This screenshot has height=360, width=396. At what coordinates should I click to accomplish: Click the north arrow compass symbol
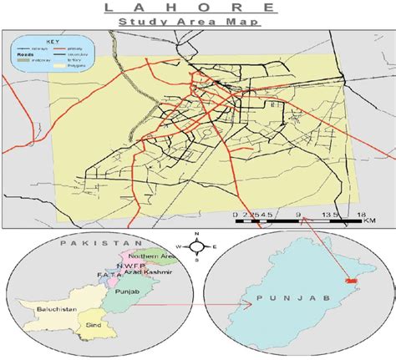[197, 246]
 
